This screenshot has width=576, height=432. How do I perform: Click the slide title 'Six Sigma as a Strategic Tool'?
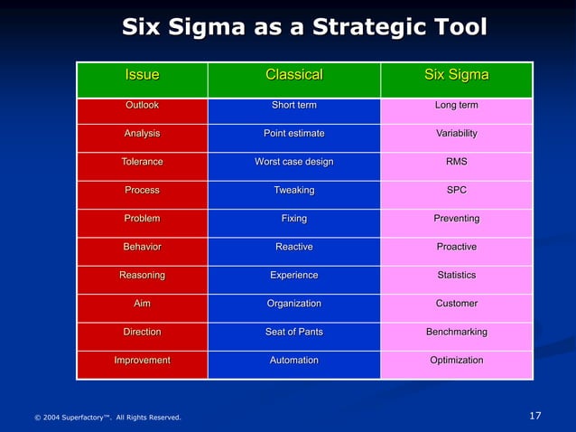point(304,27)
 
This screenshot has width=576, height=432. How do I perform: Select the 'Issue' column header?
point(142,75)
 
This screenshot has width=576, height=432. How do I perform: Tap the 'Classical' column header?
point(293,75)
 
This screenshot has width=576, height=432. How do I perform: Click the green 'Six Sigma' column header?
point(456,75)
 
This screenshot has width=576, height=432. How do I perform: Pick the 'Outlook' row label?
point(142,106)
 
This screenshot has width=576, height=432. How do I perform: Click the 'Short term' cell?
point(293,106)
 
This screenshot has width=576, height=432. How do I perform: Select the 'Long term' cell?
point(456,106)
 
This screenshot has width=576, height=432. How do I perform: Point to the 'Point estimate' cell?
point(293,134)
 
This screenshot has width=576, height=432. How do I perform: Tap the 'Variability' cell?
point(456,134)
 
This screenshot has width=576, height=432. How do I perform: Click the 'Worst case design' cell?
point(293,162)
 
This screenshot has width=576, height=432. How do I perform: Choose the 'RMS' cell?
point(456,162)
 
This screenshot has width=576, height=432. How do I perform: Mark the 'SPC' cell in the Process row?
point(456,191)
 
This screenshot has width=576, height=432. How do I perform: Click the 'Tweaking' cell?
point(293,191)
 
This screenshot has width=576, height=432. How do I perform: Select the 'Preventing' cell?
point(456,219)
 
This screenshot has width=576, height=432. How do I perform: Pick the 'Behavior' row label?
point(142,247)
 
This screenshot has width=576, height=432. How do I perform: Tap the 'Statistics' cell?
point(456,275)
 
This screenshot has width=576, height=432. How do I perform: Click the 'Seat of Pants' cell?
point(293,332)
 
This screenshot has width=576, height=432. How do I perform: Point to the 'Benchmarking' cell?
point(456,332)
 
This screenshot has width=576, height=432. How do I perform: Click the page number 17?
point(534,416)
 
